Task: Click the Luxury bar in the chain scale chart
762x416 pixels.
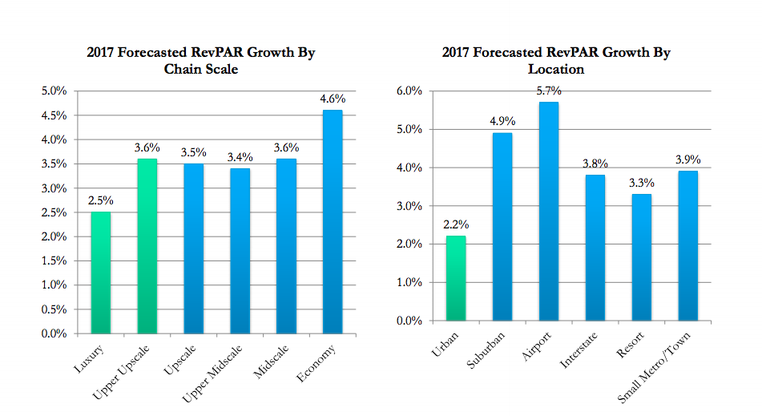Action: [100, 273]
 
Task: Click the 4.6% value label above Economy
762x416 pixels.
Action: [333, 99]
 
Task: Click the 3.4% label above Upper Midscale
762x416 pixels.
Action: [240, 158]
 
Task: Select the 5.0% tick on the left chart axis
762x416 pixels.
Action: [54, 91]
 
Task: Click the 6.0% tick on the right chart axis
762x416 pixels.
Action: [409, 91]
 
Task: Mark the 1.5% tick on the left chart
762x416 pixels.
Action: [54, 261]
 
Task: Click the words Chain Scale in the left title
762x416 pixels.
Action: [202, 70]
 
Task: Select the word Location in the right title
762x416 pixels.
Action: [556, 70]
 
